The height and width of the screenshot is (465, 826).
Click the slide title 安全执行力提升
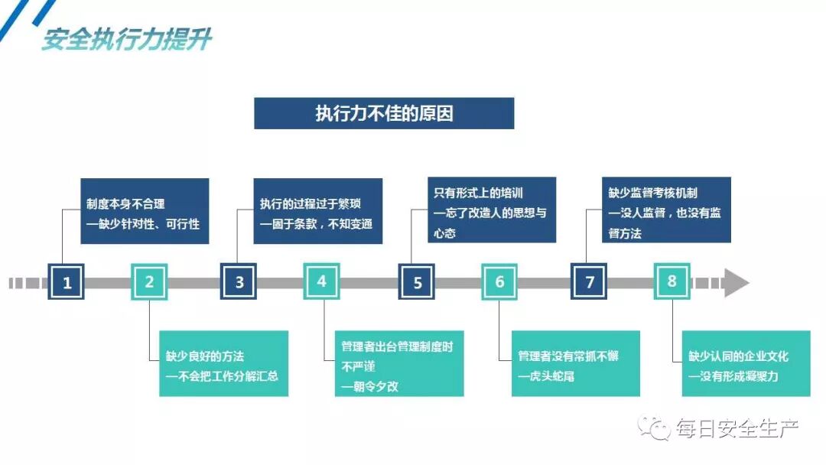126,39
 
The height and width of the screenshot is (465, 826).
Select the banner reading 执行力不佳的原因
384,113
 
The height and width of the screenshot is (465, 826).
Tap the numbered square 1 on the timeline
67,282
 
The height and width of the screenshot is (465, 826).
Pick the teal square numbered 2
149,281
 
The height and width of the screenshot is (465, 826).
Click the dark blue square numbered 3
239,282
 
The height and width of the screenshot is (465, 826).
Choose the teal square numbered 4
321,281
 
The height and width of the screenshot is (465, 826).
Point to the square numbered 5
417,282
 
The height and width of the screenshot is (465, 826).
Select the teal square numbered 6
499,281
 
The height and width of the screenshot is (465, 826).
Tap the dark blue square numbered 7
589,282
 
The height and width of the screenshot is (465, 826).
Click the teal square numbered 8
672,281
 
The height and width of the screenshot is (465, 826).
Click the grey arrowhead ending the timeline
735,282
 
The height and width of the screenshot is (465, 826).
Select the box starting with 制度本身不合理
145,211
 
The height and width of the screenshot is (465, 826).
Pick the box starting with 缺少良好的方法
223,363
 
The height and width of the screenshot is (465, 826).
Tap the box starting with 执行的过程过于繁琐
317,211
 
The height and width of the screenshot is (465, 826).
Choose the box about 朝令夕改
399,363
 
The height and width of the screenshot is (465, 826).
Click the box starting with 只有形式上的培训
492,210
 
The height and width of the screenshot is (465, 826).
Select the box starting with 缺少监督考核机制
666,210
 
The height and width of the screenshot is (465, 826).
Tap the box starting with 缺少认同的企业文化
746,363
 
